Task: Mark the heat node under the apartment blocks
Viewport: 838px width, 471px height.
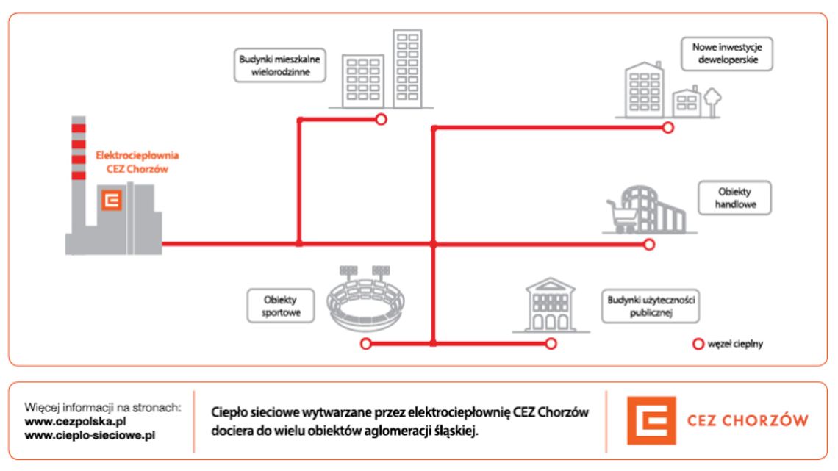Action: tap(381, 119)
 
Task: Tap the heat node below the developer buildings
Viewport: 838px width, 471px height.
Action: tap(667, 127)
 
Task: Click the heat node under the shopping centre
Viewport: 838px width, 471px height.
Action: tap(648, 244)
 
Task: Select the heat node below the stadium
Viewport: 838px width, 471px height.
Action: tap(365, 343)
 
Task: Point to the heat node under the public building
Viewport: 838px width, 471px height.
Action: tap(550, 343)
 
